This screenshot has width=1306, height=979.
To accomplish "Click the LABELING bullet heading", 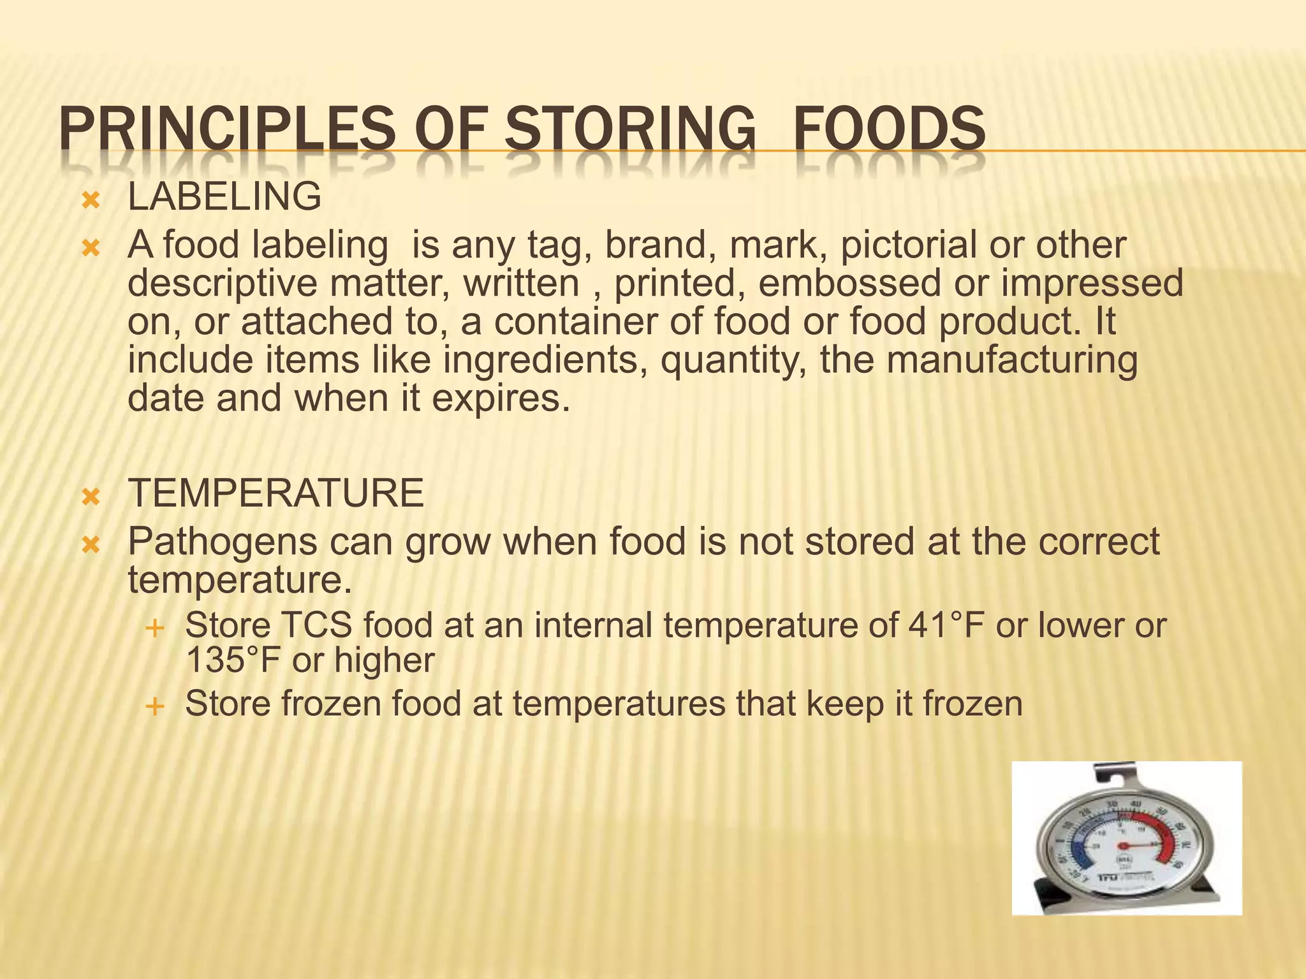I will [224, 196].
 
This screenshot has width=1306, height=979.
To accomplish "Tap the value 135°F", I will [233, 660].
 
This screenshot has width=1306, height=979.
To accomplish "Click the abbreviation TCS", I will [316, 625].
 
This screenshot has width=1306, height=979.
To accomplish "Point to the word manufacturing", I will [1011, 360].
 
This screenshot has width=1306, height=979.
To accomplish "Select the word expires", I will [501, 399].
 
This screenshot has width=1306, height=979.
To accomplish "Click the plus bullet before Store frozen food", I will [154, 706].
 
